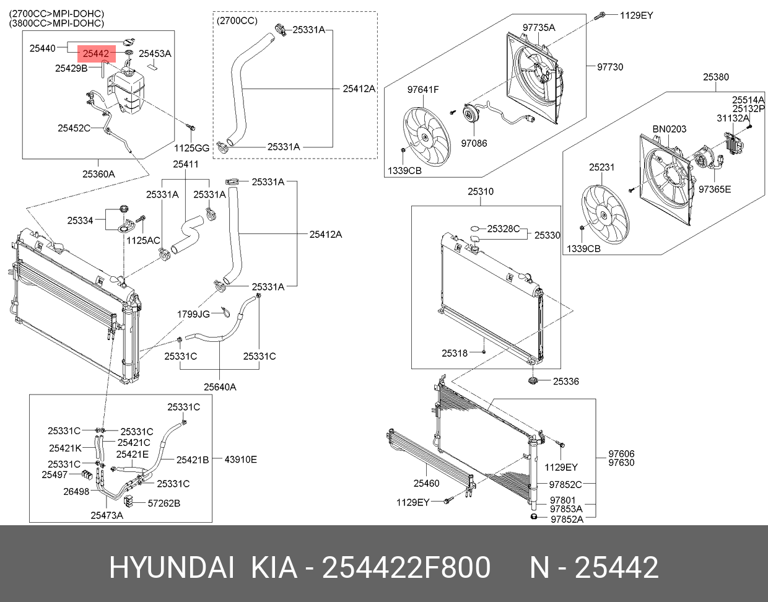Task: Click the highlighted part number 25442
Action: click(x=96, y=53)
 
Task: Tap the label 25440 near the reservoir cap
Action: click(x=43, y=48)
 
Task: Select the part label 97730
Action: click(x=610, y=67)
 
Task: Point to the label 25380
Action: click(x=716, y=77)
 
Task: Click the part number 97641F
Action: click(x=423, y=90)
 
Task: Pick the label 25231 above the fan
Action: click(x=601, y=167)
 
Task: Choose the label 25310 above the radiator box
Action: click(x=481, y=192)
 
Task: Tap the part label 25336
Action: click(x=566, y=382)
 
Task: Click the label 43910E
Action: click(x=240, y=460)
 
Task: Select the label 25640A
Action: click(x=220, y=387)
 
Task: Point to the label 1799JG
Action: click(x=193, y=314)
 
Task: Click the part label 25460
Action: click(x=427, y=484)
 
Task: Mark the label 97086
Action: click(x=474, y=143)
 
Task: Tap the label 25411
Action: click(x=186, y=164)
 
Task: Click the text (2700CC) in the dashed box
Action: click(x=237, y=21)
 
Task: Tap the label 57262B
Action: click(x=164, y=504)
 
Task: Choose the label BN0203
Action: click(x=670, y=129)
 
